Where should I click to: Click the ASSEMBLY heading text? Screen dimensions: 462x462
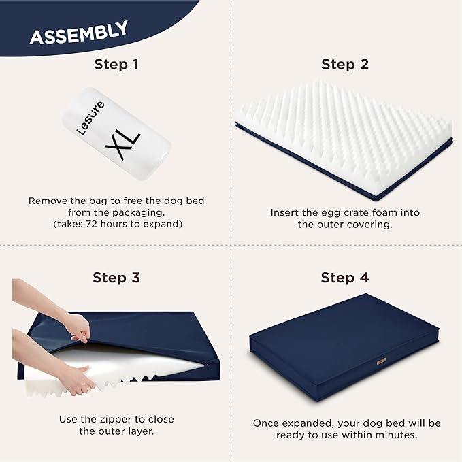click(x=78, y=33)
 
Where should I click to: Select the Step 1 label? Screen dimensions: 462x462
click(x=116, y=65)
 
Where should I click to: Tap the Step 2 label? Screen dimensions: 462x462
click(x=345, y=65)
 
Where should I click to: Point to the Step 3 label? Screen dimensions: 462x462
click(x=116, y=278)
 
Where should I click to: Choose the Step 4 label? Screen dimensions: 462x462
click(x=345, y=278)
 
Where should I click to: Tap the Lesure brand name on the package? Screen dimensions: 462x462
click(x=93, y=117)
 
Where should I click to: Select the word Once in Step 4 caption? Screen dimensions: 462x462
click(x=267, y=423)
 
